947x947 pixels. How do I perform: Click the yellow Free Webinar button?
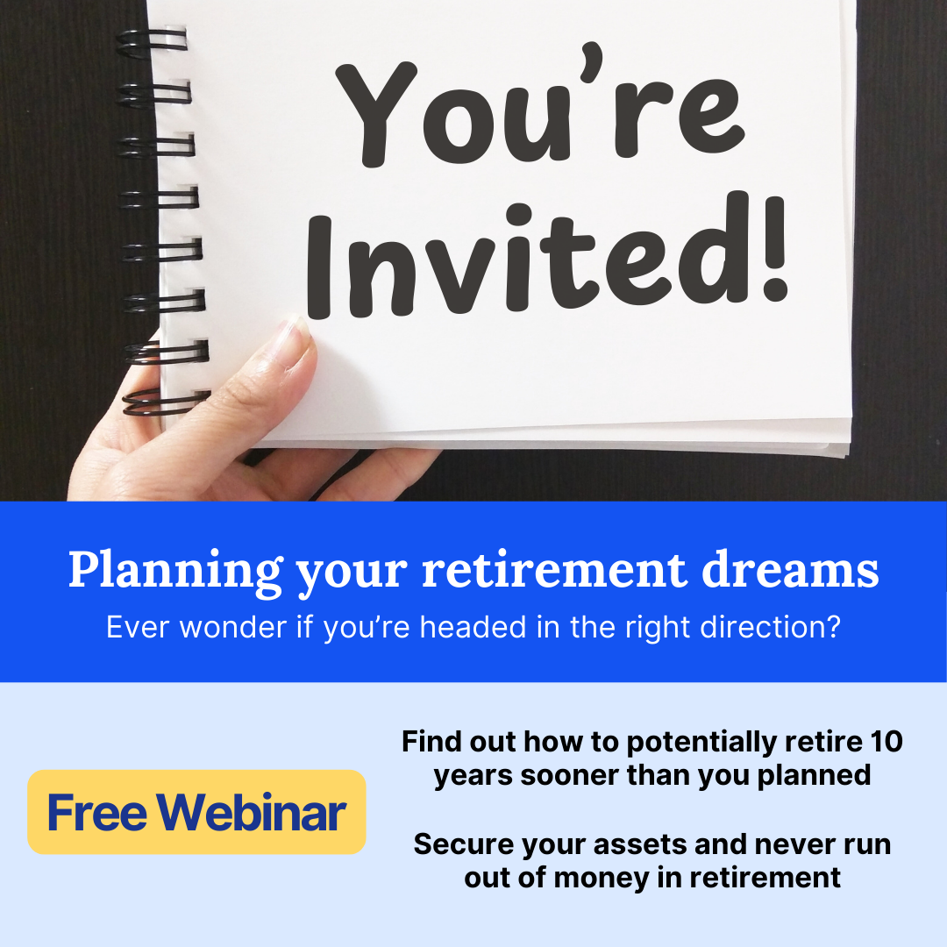coord(196,812)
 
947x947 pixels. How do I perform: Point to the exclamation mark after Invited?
coord(774,248)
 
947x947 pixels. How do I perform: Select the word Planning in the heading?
coord(175,571)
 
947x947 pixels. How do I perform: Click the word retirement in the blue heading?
coord(554,569)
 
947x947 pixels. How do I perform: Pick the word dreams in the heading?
coord(790,569)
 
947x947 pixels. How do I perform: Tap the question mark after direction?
coord(834,627)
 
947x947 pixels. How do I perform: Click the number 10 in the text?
coord(886,742)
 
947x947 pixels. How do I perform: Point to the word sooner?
coord(568,775)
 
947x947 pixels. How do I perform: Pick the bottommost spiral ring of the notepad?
coord(166,402)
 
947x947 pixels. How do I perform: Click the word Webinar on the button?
coord(252,812)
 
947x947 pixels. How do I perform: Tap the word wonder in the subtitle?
coord(232,627)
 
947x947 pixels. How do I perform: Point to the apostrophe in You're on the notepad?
coord(592,61)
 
